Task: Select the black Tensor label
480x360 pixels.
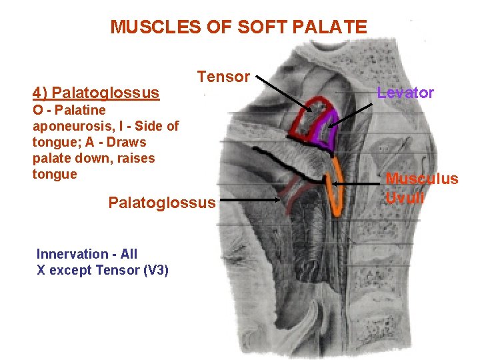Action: (x=223, y=77)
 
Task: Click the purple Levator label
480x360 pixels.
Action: (x=405, y=93)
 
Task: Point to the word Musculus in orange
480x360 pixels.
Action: (x=422, y=179)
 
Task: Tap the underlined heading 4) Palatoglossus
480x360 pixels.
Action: (x=96, y=93)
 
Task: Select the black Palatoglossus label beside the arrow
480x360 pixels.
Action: (x=162, y=202)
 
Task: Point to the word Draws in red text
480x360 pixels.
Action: (x=127, y=142)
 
